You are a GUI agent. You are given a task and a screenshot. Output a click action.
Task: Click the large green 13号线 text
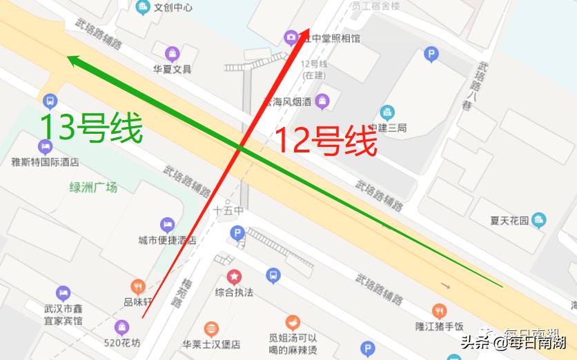[91, 128]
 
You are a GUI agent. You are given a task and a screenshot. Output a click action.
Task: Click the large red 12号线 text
[326, 142]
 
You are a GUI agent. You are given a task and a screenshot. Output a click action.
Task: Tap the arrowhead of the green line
[72, 60]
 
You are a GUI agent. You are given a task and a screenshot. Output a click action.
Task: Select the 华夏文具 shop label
[172, 69]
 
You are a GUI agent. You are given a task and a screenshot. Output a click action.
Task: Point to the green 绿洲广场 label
[93, 187]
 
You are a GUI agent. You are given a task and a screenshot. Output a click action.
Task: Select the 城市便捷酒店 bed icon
[167, 225]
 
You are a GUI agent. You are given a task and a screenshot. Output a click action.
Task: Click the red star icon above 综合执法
[234, 277]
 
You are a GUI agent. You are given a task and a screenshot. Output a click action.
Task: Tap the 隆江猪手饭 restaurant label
[440, 327]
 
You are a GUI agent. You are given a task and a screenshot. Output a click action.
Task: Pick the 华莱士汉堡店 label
[211, 344]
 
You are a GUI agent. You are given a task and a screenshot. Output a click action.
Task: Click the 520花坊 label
[121, 343]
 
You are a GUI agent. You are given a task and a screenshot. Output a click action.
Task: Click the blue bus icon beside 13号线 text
[50, 101]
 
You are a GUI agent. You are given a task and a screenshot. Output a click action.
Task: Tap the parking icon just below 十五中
[237, 233]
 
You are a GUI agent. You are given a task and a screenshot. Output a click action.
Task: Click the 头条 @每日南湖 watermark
[514, 341]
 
